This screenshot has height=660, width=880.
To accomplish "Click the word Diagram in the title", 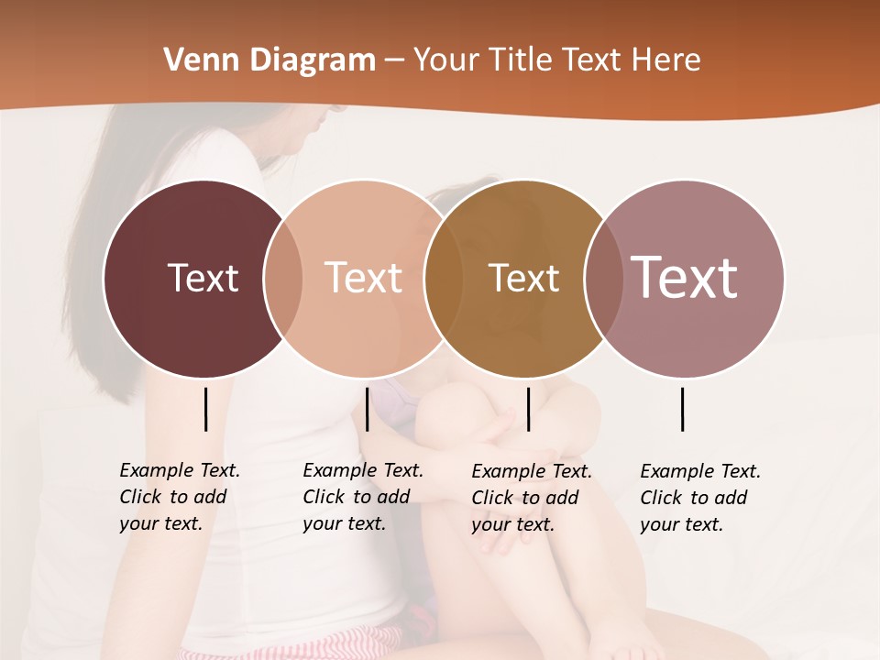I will [312, 60].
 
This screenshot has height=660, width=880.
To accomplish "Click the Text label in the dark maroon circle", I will [203, 278].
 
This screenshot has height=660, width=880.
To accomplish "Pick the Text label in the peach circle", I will [363, 278].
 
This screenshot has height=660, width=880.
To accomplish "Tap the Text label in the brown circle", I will [523, 278].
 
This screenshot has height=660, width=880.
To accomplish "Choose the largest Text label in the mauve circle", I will [684, 277].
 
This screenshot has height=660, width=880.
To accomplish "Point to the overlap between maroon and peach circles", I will [283, 279].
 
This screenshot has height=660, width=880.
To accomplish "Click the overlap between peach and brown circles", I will [444, 279].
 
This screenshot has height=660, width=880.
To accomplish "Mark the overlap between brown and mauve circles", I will [603, 279].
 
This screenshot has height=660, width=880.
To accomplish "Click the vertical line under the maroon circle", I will [205, 409].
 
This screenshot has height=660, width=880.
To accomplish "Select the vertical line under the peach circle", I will [367, 409].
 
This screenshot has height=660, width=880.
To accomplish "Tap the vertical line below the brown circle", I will [528, 409].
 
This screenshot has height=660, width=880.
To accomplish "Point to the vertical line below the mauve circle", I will [682, 409].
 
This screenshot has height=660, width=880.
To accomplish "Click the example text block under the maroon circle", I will [179, 497].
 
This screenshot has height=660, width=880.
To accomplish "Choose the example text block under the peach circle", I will [362, 497].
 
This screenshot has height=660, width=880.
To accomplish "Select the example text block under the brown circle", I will [531, 498].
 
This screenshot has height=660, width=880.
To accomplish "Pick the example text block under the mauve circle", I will [699, 498].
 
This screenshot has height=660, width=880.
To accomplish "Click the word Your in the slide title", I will [445, 60].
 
